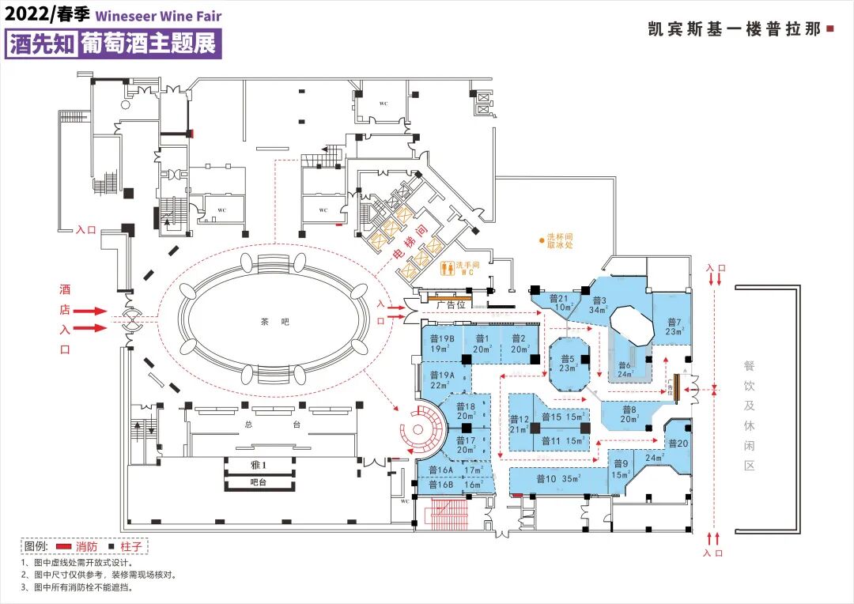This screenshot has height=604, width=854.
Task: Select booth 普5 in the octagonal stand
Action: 568,364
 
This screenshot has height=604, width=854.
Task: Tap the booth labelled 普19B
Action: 440,343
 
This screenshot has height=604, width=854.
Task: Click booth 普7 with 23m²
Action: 674,327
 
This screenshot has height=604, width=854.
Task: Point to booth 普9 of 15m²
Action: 620,469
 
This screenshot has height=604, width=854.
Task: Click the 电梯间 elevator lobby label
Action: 411,253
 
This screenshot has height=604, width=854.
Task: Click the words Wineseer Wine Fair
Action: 158,15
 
